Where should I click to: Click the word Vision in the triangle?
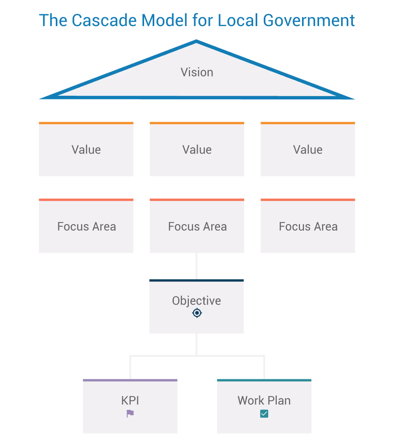click(x=197, y=73)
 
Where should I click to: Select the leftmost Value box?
click(x=86, y=150)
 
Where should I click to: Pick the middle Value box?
click(x=197, y=150)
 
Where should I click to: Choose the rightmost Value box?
click(x=308, y=150)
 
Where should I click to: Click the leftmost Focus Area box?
click(x=86, y=227)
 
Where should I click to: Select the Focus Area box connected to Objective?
click(x=197, y=227)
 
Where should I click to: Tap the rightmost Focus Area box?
click(x=308, y=227)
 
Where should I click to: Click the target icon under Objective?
click(x=197, y=313)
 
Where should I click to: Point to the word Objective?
click(x=197, y=301)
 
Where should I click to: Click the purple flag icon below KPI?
click(x=130, y=414)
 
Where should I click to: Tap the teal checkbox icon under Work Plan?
click(x=264, y=414)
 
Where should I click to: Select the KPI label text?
click(x=130, y=400)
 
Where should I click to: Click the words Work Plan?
click(x=264, y=400)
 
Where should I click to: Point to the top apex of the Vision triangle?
click(x=197, y=41)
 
